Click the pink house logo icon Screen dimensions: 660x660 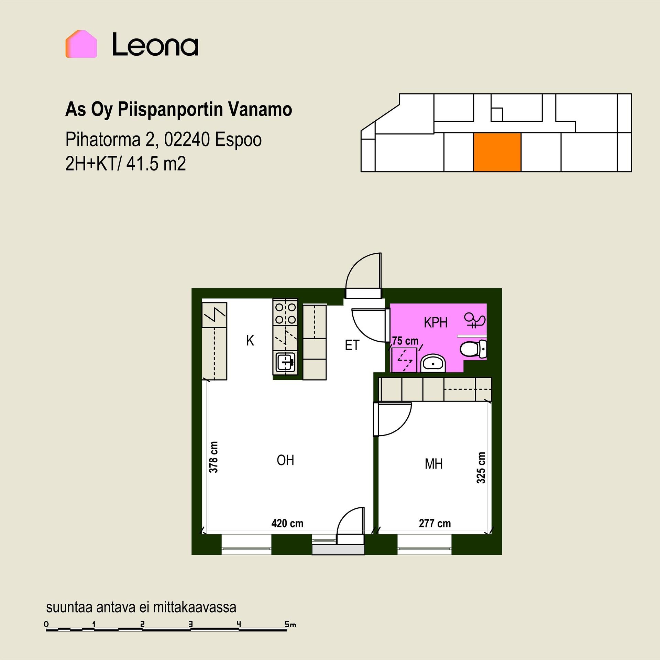(81, 44)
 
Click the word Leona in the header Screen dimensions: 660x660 (155, 44)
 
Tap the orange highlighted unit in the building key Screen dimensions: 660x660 (497, 152)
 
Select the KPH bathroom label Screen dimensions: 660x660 (436, 323)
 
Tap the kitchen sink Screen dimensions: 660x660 (285, 362)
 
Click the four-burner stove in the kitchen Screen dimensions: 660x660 (285, 313)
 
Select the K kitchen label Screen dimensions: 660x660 (250, 341)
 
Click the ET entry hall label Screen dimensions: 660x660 (352, 345)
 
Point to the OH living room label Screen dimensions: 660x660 (285, 460)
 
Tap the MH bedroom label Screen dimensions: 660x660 (433, 464)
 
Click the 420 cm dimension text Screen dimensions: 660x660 (287, 524)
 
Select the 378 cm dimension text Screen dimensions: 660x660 (213, 457)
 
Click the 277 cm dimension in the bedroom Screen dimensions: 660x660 (434, 524)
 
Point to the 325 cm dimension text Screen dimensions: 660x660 (481, 468)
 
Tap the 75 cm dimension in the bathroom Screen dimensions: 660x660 (405, 341)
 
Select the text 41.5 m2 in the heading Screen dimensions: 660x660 (156, 164)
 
